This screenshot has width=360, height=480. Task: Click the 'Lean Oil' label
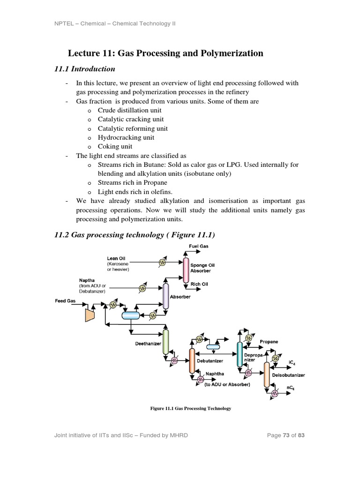pos(116,258)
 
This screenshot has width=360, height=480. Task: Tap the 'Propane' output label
pos(269,342)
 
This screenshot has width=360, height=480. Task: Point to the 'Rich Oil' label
pos(199,284)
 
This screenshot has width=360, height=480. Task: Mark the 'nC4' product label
pos(291,389)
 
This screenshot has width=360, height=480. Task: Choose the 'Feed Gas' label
pos(65,300)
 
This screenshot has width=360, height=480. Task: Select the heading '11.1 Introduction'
pos(85,69)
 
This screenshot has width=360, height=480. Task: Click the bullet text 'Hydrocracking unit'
pos(126,137)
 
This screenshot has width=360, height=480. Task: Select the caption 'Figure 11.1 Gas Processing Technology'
pos(190,408)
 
